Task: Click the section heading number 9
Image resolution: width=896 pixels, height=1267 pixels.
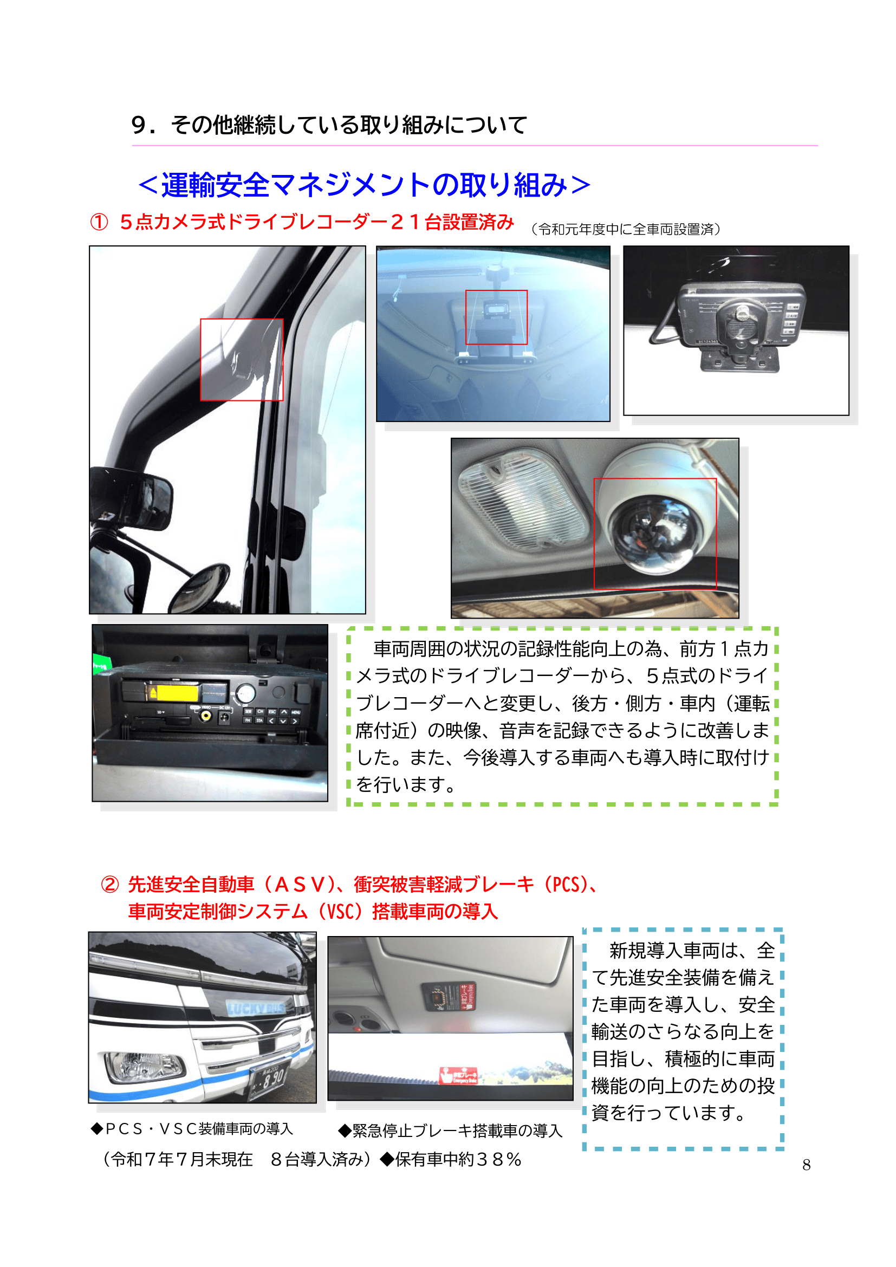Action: pos(139,125)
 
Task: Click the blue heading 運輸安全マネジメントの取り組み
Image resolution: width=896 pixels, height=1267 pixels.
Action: pos(364,185)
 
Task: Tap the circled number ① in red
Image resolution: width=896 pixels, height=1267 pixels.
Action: pos(99,223)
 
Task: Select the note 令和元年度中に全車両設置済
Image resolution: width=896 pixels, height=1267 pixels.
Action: pos(626,229)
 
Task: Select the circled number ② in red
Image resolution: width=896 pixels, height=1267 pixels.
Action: pos(110,884)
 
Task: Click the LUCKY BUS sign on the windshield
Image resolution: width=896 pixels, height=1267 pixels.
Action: pos(257,1008)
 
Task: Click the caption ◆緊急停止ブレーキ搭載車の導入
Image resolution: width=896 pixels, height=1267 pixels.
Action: pos(450,1130)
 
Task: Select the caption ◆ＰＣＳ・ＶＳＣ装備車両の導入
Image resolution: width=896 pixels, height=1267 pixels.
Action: pos(191,1128)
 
